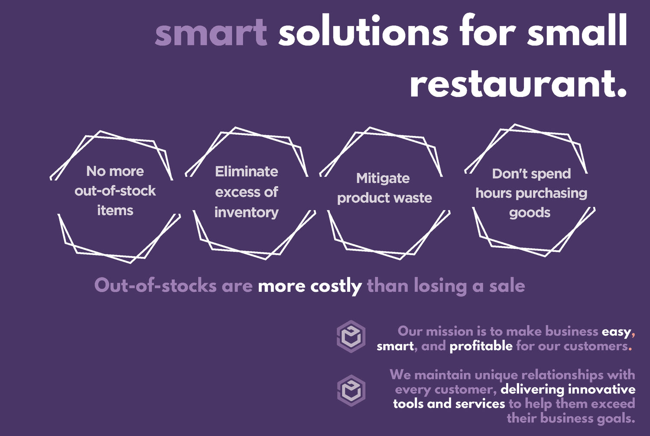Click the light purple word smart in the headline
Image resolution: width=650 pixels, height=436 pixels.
[x=211, y=32]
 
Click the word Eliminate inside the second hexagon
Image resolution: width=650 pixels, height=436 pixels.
[x=247, y=171]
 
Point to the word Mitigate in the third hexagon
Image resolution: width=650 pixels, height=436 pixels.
[x=383, y=178]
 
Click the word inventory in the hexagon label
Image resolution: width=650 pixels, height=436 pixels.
[x=247, y=213]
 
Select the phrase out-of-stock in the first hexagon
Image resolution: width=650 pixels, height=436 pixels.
[x=115, y=191]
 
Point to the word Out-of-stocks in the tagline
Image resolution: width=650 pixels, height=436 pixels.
[x=155, y=286]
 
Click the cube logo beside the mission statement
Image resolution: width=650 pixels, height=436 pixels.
[x=351, y=336]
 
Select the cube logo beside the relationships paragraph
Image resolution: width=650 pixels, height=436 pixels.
[x=351, y=391]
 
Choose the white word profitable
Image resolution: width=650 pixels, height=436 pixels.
[x=481, y=346]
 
